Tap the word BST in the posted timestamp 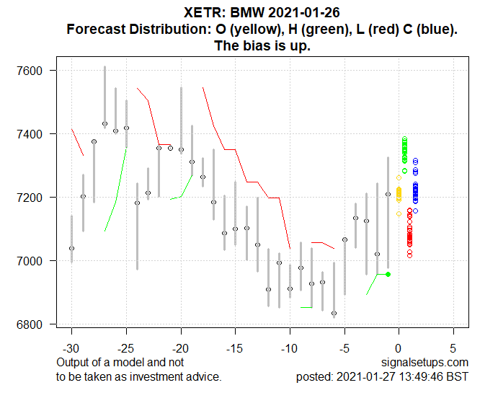coord(456,376)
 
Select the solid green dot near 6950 coord(388,274)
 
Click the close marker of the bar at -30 coord(71,248)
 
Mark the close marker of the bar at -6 coord(334,314)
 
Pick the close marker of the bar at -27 coord(105,124)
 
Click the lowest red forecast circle coord(409,255)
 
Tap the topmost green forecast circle coord(405,139)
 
